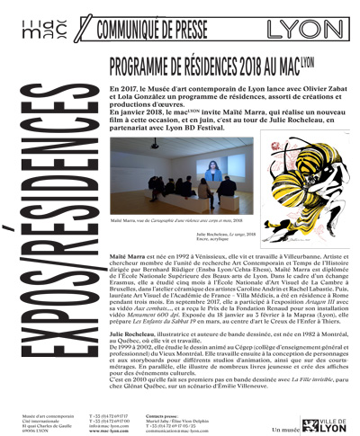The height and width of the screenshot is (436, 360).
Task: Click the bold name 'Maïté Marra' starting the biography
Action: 125,256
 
